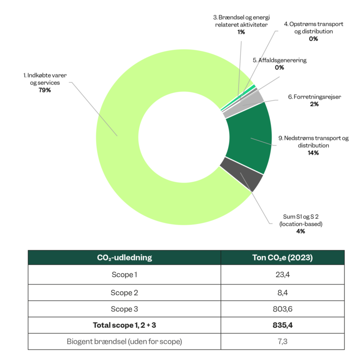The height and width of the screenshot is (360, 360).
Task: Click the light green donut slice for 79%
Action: click(x=125, y=159)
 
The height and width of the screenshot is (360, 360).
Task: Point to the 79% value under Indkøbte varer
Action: click(x=45, y=90)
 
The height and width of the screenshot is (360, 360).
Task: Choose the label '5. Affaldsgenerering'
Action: click(x=279, y=61)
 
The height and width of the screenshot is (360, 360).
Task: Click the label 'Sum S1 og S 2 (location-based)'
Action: click(x=300, y=220)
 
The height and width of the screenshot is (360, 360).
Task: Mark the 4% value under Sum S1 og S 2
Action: click(x=300, y=231)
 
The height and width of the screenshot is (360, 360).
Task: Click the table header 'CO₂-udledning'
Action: click(x=124, y=258)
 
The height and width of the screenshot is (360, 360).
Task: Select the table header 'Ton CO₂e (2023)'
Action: click(x=282, y=258)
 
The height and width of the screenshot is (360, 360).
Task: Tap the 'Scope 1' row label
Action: click(x=124, y=274)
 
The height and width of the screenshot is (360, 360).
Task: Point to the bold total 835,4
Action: click(x=282, y=325)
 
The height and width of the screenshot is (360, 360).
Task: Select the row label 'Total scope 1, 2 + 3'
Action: click(x=124, y=325)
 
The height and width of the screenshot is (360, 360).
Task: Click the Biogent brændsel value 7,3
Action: click(x=282, y=342)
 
